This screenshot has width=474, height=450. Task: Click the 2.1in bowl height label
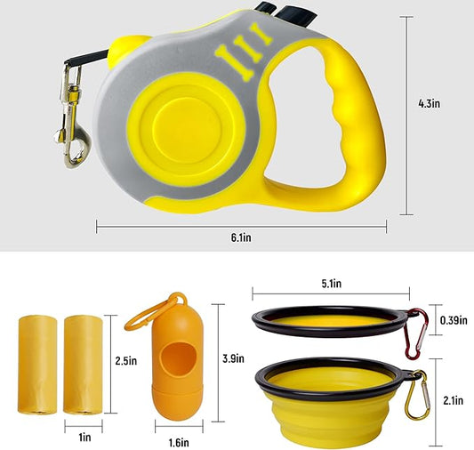tap(453, 400)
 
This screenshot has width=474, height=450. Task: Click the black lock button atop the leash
tap(268, 12)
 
